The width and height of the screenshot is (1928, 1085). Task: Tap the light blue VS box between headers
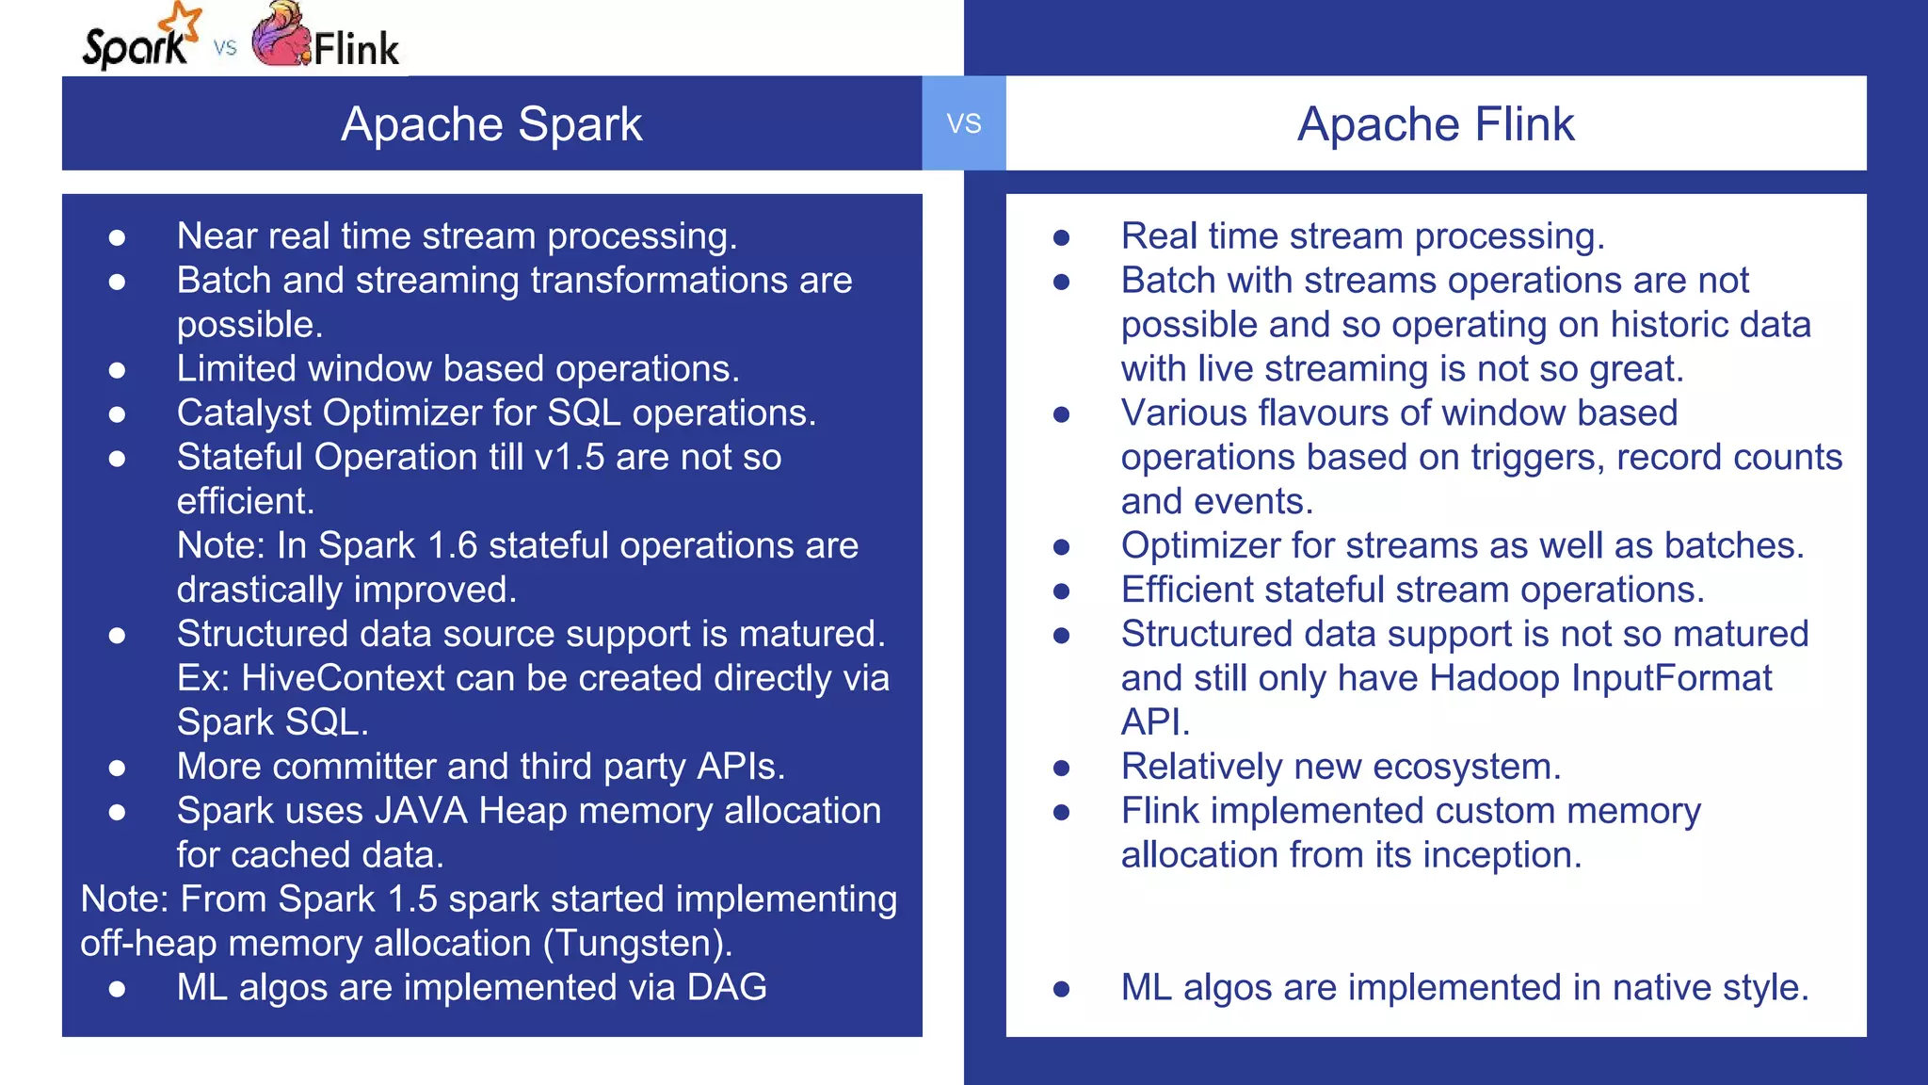click(x=963, y=123)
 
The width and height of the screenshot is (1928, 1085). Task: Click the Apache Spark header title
click(x=491, y=124)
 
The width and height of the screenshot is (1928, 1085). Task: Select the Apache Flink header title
click(x=1435, y=124)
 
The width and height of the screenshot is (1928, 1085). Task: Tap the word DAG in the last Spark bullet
click(x=727, y=987)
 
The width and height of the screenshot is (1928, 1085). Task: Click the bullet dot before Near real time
click(x=117, y=237)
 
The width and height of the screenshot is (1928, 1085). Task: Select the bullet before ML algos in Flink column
click(x=1061, y=989)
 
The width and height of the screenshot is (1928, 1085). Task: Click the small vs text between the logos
click(x=225, y=47)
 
